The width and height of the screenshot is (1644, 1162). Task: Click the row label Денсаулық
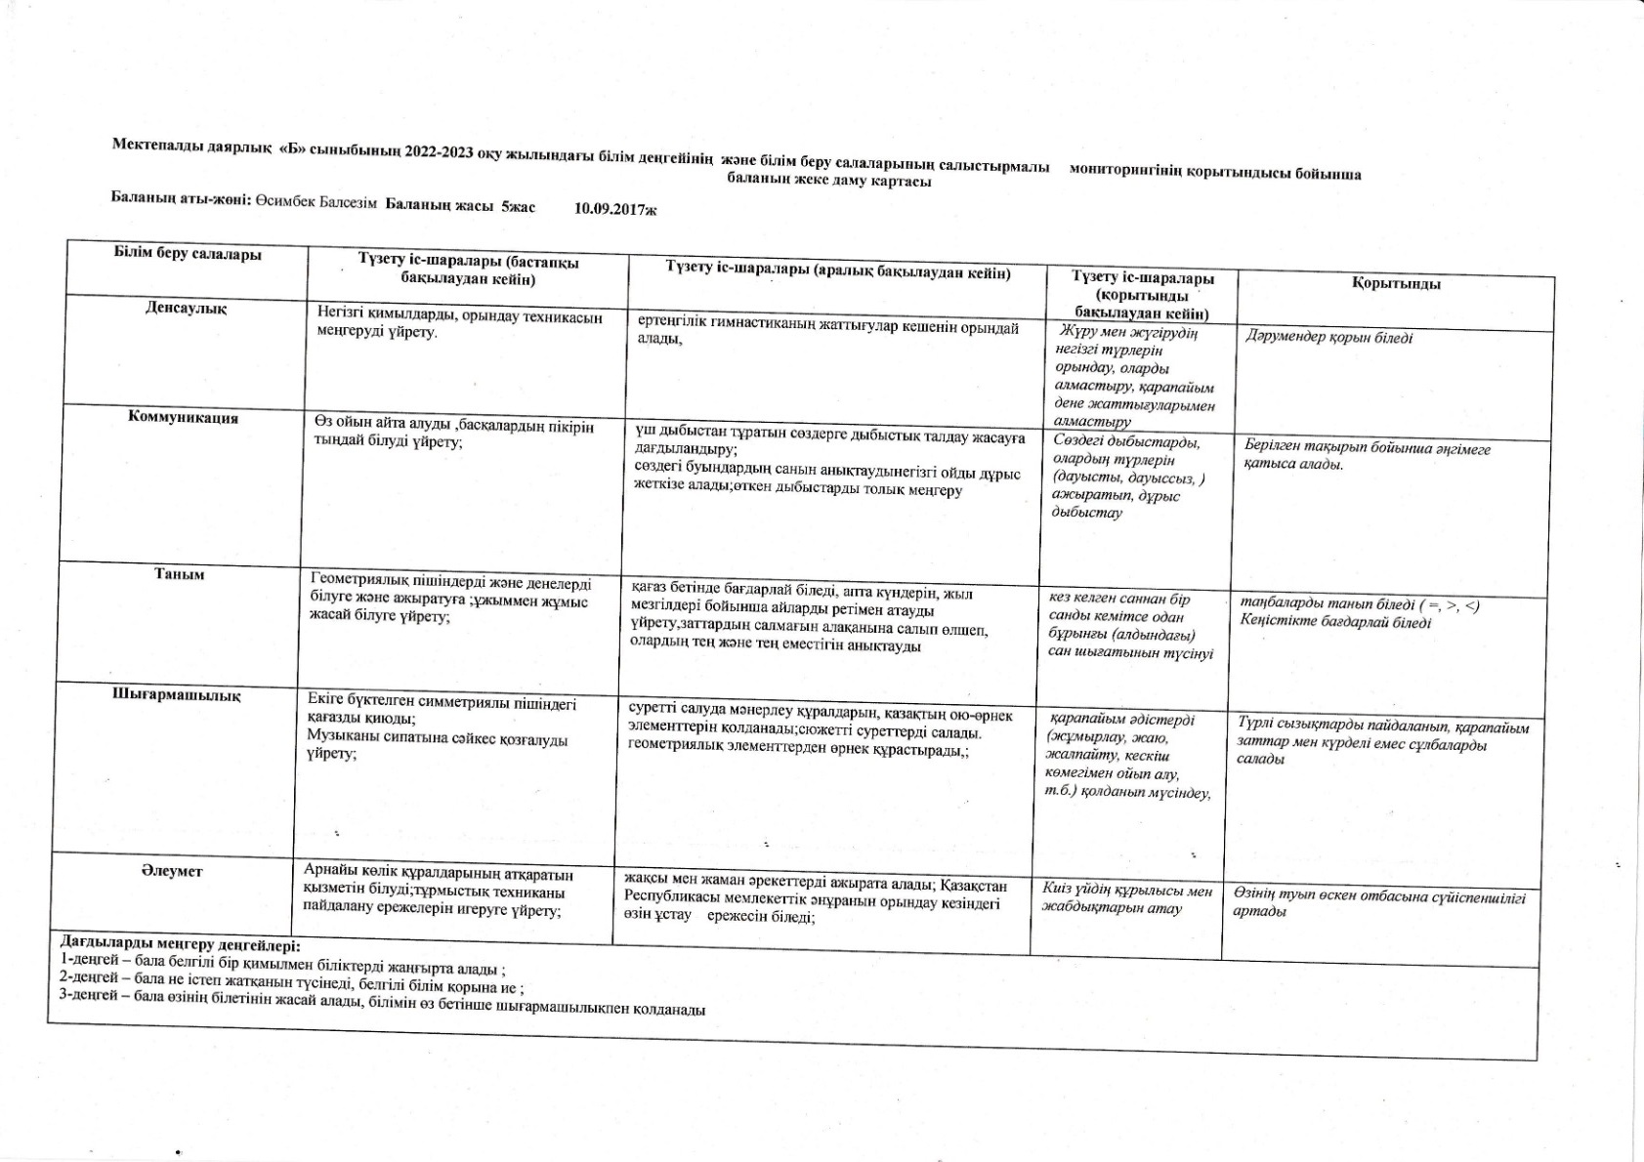[186, 309]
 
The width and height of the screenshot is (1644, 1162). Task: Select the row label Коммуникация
[184, 418]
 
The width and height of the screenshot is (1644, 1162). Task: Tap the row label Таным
[179, 574]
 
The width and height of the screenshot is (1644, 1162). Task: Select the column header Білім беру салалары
[188, 255]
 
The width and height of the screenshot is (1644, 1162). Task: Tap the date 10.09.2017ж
[615, 208]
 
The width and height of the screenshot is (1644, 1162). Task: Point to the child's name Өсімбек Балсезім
[316, 203]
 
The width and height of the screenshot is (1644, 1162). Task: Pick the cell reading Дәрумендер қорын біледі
[1329, 338]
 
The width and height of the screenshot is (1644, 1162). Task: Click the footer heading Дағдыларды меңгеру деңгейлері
[181, 944]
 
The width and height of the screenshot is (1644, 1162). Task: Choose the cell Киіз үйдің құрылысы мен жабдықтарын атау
[1126, 899]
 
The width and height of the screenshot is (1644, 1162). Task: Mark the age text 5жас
[518, 206]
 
